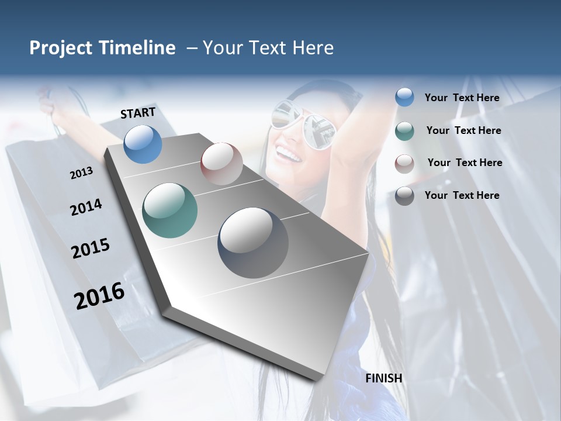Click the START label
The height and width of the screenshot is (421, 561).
138,113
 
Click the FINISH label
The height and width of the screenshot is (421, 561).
384,378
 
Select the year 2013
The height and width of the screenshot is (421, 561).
81,173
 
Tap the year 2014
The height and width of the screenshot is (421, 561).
86,207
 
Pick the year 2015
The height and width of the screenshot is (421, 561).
91,249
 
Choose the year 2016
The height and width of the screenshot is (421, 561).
99,296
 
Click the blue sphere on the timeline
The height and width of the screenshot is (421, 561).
143,144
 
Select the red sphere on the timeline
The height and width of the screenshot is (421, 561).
221,164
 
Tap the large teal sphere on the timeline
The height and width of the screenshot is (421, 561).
170,210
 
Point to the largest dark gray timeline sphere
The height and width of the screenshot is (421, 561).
253,243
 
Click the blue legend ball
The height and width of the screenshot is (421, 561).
404,98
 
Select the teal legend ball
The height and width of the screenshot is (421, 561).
404,131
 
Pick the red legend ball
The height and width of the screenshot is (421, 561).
404,163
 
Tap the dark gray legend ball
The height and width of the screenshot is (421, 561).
404,196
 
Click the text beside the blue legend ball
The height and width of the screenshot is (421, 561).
462,98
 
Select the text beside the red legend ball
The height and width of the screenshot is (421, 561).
465,163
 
